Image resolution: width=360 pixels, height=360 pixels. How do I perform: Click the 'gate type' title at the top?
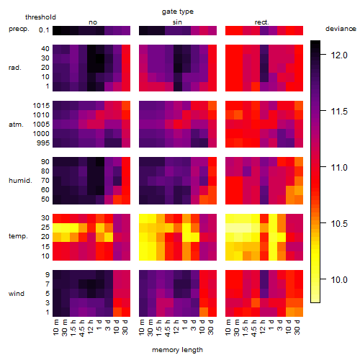[x=178, y=12]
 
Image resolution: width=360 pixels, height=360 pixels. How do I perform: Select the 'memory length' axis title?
[x=178, y=350]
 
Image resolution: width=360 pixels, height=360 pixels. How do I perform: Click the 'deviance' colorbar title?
[x=341, y=29]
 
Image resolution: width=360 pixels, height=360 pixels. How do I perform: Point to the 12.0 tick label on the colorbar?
[x=339, y=55]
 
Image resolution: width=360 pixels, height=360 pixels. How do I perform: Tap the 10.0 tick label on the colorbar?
[x=339, y=280]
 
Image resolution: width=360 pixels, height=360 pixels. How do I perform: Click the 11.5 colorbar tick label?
[x=339, y=112]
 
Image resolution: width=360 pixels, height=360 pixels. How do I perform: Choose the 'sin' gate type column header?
[x=177, y=22]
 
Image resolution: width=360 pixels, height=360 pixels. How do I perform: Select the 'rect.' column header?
[x=262, y=22]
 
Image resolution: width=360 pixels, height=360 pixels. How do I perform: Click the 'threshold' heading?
[x=40, y=17]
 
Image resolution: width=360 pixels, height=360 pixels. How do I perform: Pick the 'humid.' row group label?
[x=20, y=181]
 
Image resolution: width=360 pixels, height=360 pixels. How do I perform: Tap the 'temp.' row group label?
[x=18, y=236]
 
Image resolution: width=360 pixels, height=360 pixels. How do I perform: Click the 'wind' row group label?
[x=17, y=294]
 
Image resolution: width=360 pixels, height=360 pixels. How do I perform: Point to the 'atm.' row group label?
[x=16, y=125]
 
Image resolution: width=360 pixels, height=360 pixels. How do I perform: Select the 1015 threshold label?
[x=41, y=106]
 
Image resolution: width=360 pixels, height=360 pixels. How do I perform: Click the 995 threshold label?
[x=43, y=143]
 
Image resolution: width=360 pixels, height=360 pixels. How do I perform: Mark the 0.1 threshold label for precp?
[x=44, y=30]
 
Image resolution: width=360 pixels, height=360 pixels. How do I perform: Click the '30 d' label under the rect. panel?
[x=297, y=327]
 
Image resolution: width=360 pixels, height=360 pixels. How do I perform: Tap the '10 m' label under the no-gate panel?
[x=55, y=328]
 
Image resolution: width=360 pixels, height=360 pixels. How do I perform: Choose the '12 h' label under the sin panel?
[x=176, y=327]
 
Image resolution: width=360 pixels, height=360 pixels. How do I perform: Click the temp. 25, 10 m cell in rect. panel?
[x=230, y=228]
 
